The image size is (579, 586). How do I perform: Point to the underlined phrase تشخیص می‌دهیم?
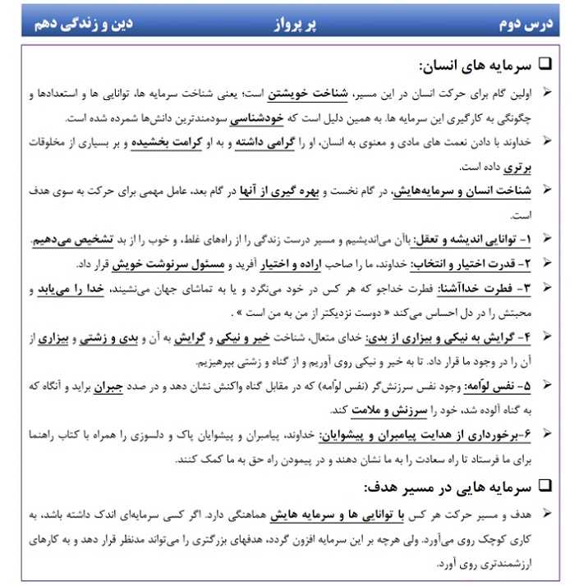pos(71,240)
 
